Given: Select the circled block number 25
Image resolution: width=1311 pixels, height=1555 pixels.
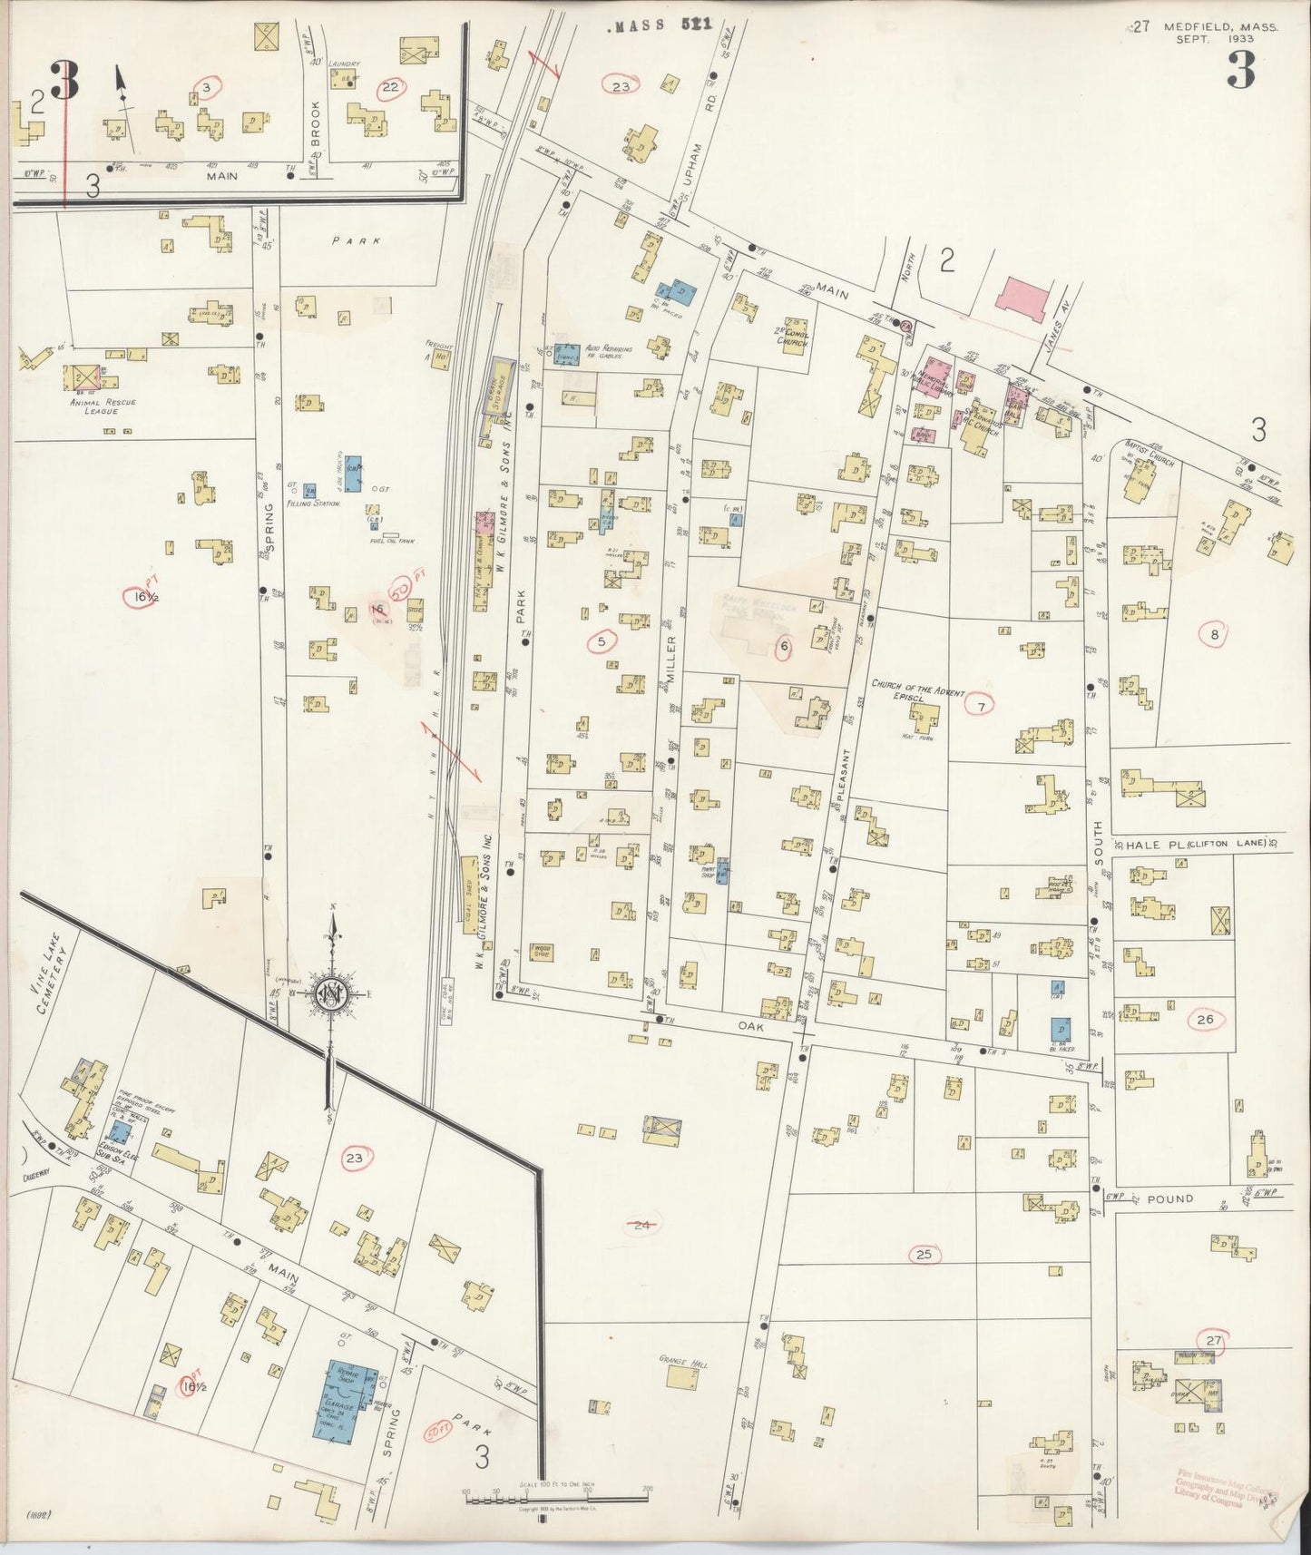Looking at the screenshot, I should [x=924, y=1255].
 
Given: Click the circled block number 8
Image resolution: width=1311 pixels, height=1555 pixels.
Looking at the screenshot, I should [x=1214, y=634].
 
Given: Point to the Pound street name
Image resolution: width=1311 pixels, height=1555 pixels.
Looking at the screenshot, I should [x=1169, y=1198].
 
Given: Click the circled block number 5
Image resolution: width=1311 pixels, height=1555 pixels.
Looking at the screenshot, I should [x=601, y=642].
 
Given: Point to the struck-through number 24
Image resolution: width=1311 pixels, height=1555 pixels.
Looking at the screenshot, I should [x=642, y=1225].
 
